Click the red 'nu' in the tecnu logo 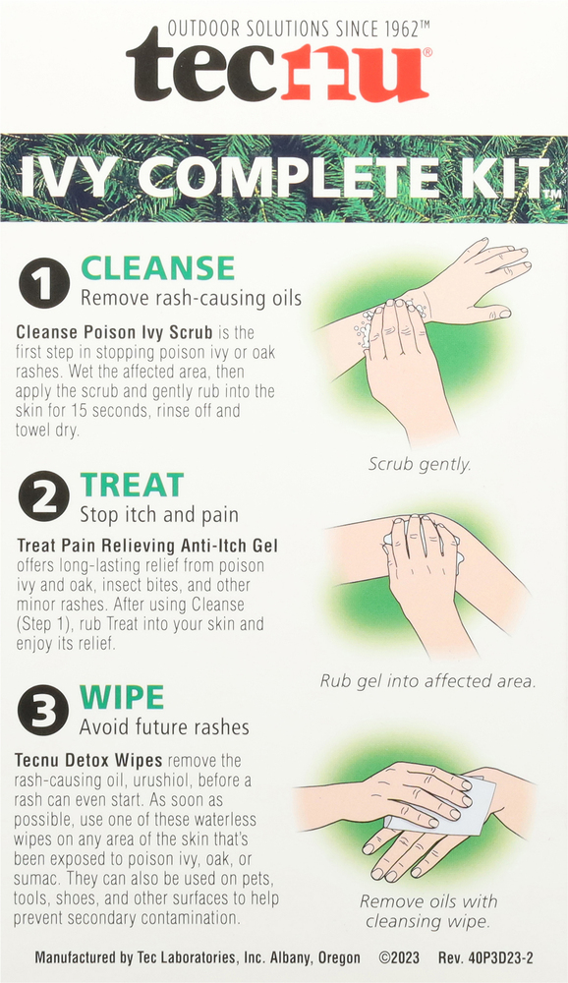tap(356, 73)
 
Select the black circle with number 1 tap(43, 283)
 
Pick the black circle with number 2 tap(43, 496)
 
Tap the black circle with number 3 tap(42, 710)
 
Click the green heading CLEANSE tap(157, 268)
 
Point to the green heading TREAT tap(132, 486)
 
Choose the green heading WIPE tap(122, 697)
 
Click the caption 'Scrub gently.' tap(420, 465)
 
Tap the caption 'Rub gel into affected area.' tap(428, 681)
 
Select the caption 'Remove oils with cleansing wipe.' tap(428, 911)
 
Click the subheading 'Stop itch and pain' tap(159, 515)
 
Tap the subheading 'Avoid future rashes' tap(164, 727)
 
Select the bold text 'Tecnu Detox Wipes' tap(88, 761)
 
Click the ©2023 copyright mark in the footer tap(399, 957)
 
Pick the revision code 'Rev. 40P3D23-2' tap(485, 957)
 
